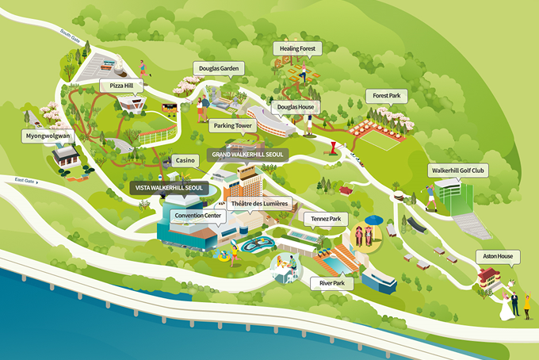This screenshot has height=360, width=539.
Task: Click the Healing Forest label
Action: coord(298,48)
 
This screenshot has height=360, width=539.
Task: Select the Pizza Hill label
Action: coord(116,85)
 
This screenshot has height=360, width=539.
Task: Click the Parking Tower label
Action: coord(232,125)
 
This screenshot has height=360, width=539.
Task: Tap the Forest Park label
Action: coord(387,95)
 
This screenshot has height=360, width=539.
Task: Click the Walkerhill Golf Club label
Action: coord(457,170)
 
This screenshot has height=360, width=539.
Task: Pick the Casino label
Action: coord(185,159)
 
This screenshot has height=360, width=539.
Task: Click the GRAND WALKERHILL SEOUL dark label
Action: coord(247,152)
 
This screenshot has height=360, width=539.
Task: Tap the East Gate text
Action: coord(26,181)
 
